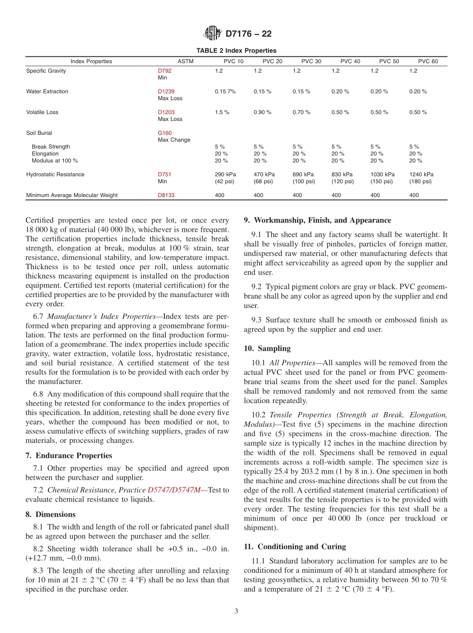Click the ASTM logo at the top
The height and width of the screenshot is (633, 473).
coord(213,34)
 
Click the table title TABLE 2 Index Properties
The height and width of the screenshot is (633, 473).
coord(236,51)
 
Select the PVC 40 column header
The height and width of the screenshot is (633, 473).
coord(350,61)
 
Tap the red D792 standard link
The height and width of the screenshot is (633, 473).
coord(164,71)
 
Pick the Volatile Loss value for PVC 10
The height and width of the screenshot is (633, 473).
coord(222,112)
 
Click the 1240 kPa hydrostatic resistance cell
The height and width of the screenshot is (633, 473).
coord(421,175)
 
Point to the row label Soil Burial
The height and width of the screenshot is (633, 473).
coord(39,133)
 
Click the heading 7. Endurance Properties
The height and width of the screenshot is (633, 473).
coord(69,455)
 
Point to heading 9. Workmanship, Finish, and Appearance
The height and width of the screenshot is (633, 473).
coord(317,220)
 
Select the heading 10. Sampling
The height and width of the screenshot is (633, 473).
coord(267,348)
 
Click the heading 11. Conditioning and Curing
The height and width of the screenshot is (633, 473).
coord(295,546)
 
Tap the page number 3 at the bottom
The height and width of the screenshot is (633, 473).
coord(236,611)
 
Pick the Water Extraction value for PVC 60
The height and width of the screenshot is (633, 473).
coord(419,92)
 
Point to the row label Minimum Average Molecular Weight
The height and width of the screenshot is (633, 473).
coord(72,196)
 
